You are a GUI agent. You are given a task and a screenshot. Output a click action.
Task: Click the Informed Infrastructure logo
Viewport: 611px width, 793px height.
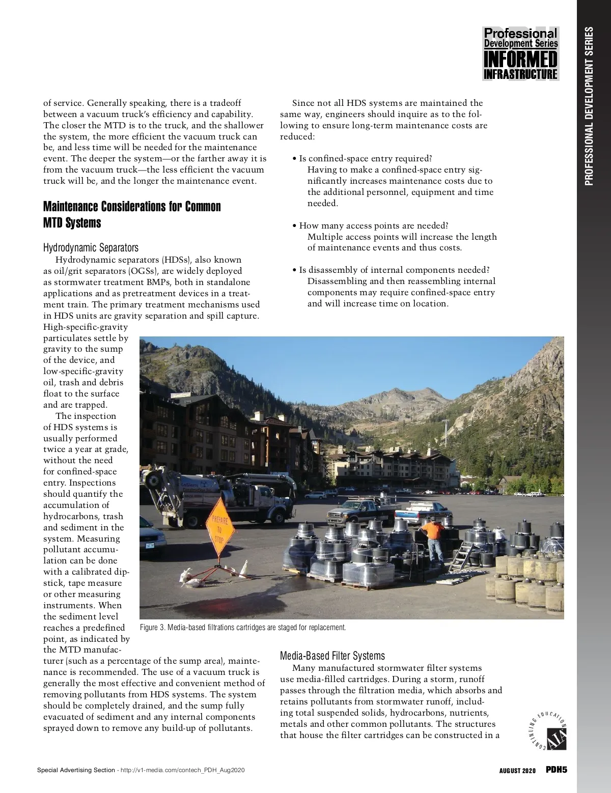pos(520,53)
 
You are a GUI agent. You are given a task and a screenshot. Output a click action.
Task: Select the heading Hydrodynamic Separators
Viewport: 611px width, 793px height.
pos(91,248)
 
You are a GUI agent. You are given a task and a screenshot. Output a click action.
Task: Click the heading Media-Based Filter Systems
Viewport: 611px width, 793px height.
pos(332,656)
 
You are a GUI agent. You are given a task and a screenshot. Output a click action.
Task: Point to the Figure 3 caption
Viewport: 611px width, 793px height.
pos(242,627)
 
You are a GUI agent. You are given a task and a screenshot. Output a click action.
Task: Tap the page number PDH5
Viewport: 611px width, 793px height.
pos(556,770)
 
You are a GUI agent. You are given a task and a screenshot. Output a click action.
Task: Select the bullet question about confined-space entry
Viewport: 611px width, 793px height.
pos(365,158)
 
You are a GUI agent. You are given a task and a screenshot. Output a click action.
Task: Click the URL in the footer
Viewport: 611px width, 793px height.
pos(182,770)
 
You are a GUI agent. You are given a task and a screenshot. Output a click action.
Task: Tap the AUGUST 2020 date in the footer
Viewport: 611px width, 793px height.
pos(517,771)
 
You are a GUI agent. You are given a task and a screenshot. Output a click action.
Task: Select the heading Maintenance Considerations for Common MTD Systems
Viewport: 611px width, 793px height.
pos(132,214)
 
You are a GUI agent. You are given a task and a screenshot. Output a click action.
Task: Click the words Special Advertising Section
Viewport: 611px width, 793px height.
pos(76,770)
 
